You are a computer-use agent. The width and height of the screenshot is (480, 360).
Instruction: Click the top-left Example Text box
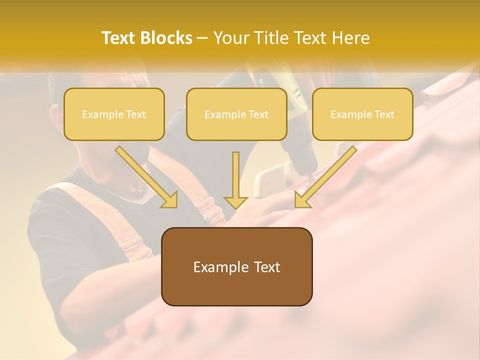tap(114, 114)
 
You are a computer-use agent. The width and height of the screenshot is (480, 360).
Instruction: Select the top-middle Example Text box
tap(236, 114)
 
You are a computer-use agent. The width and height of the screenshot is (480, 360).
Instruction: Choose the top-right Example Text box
tap(362, 114)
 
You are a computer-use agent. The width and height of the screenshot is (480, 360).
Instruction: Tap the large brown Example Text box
tap(236, 267)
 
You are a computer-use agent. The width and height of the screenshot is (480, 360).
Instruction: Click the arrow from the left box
tap(145, 175)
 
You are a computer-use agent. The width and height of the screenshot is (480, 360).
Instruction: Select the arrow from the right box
tap(327, 175)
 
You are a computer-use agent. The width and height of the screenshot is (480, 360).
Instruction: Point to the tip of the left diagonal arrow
tap(176, 206)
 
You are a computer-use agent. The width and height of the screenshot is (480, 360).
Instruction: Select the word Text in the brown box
tap(267, 267)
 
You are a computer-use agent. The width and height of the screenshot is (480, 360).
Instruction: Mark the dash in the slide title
tap(202, 38)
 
